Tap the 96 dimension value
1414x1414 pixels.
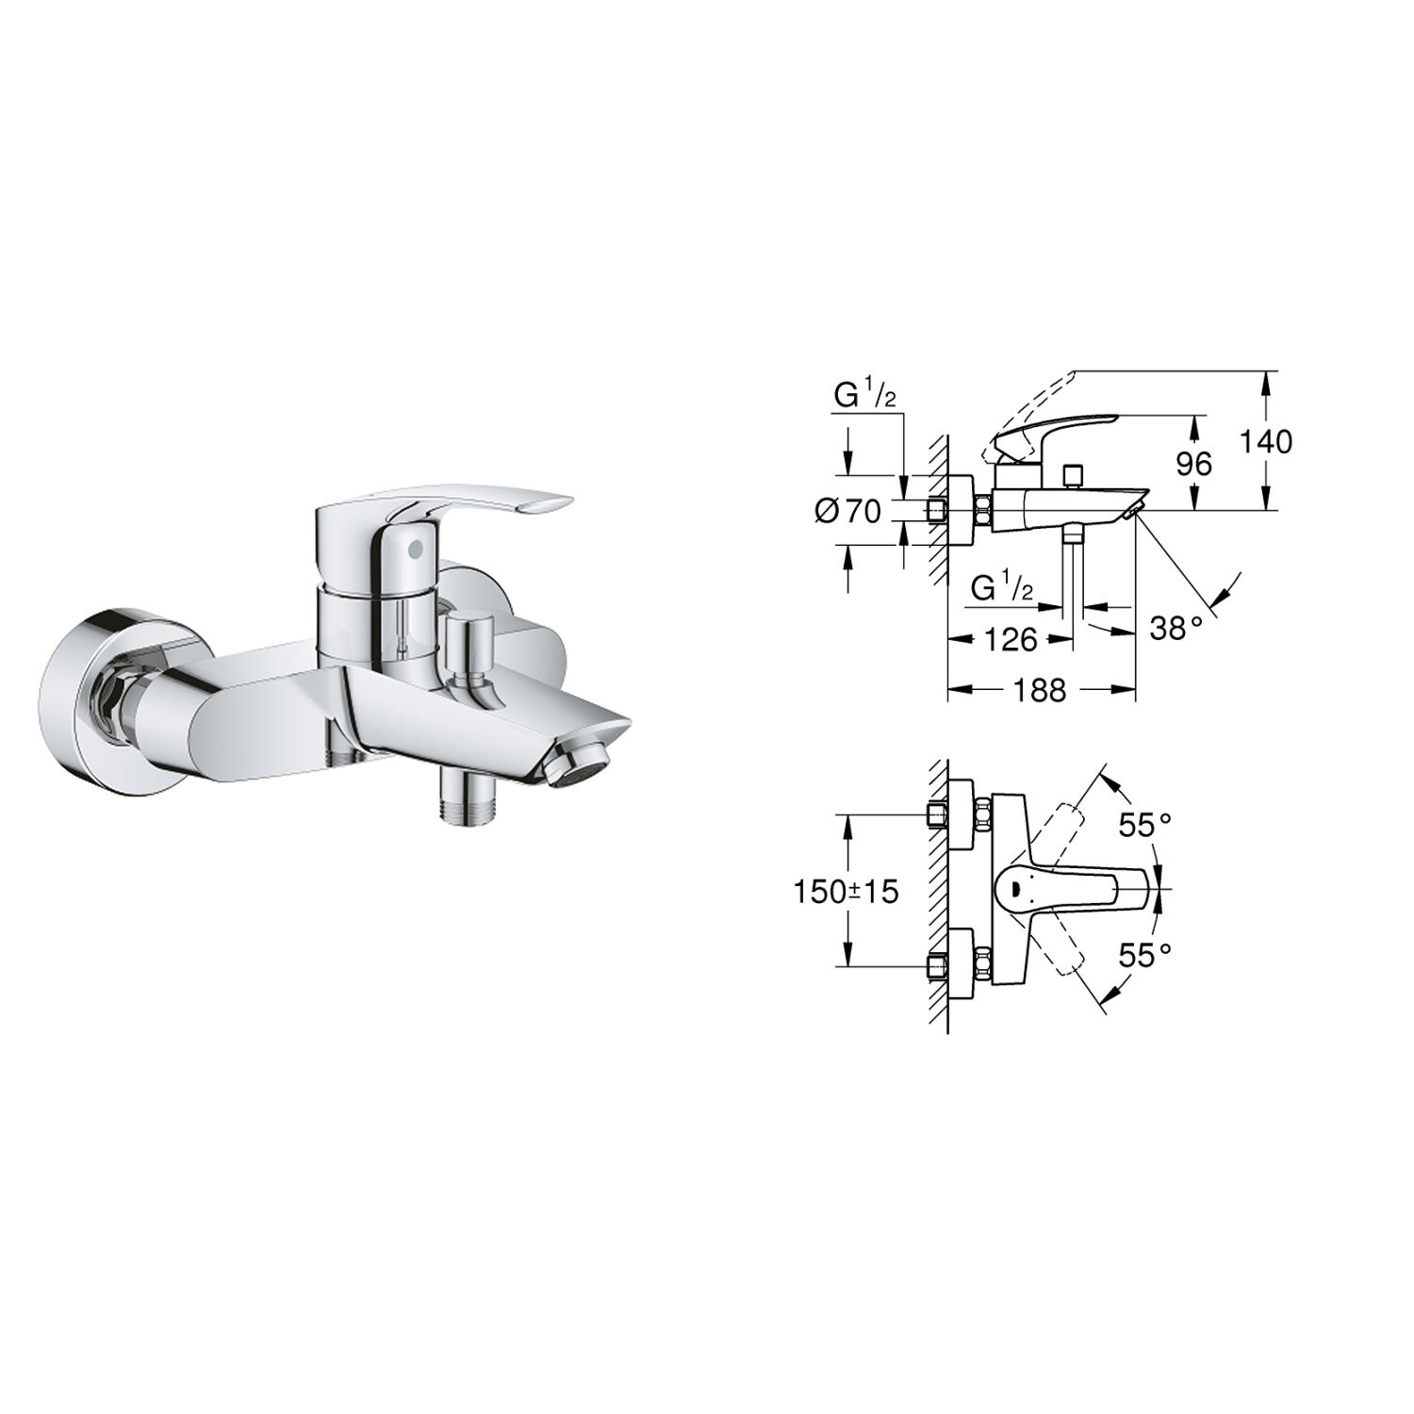point(1193,463)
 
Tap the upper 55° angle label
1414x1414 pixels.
point(1144,826)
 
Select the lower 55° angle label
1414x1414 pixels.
point(1144,955)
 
